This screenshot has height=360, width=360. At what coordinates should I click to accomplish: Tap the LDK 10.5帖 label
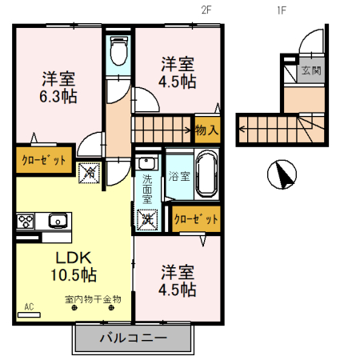click(75, 266)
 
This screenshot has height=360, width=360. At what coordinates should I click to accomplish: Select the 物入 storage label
click(206, 130)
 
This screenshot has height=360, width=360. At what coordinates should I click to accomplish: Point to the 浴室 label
click(178, 175)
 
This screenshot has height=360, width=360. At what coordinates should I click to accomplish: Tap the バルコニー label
click(133, 338)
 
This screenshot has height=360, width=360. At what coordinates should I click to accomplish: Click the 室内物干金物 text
click(92, 299)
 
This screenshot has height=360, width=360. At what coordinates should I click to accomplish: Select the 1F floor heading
click(281, 10)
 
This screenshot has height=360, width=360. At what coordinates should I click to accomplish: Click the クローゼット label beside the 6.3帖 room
click(44, 160)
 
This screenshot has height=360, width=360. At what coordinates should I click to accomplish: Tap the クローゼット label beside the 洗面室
click(196, 218)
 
